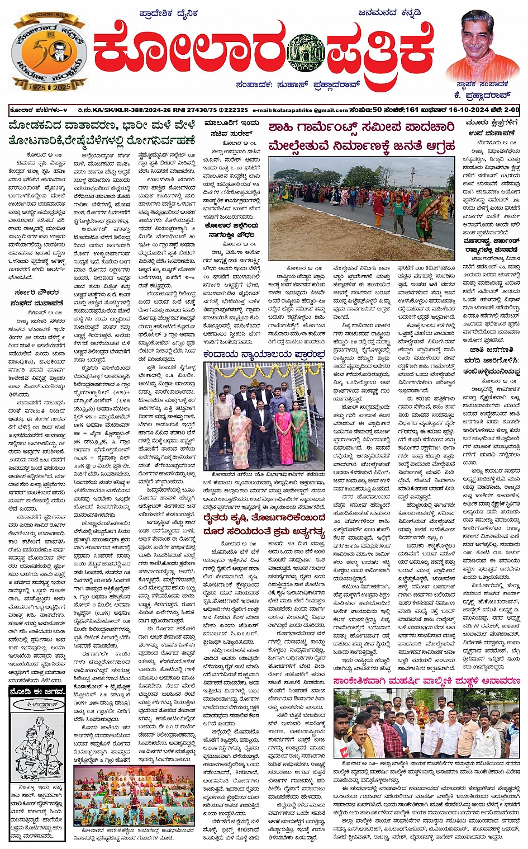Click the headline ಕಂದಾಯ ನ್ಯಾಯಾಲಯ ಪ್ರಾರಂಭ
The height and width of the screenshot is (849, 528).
point(264,354)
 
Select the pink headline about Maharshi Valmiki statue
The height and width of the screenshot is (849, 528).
point(426,681)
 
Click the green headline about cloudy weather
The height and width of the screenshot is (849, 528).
point(102,133)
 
